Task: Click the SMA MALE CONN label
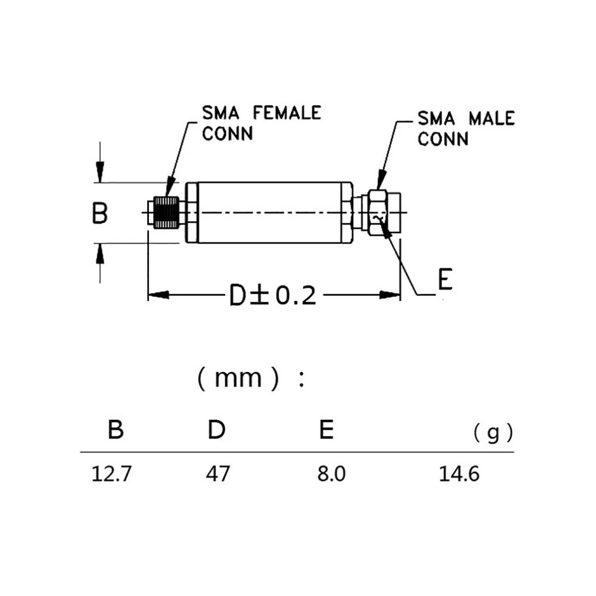[x=465, y=128]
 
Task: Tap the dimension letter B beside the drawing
[x=100, y=213]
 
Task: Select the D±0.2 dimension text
[x=272, y=295]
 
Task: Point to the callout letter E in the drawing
[x=445, y=281]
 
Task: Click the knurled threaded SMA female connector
[x=167, y=213]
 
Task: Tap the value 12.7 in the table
[x=111, y=475]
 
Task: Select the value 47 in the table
[x=218, y=475]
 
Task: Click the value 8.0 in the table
[x=331, y=475]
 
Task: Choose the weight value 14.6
[x=459, y=475]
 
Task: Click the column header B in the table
[x=116, y=430]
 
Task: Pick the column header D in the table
[x=216, y=430]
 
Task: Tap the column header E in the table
[x=326, y=430]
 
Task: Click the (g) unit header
[x=493, y=433]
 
